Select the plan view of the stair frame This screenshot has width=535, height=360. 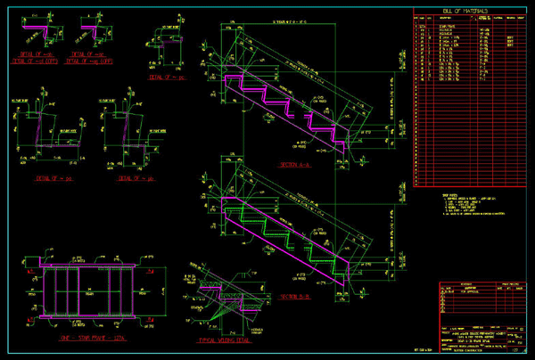point(84,290)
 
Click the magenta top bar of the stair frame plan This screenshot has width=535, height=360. point(84,265)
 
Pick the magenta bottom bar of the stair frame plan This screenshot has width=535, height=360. point(84,315)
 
